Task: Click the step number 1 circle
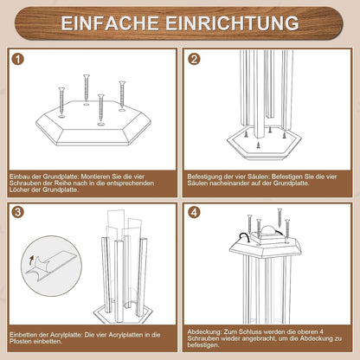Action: [x=18, y=59]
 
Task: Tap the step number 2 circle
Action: [x=194, y=59]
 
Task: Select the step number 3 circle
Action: [x=18, y=212]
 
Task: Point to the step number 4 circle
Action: [x=194, y=213]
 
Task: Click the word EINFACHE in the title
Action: [x=110, y=23]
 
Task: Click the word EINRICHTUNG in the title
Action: [x=232, y=23]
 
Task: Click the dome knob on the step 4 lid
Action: [x=269, y=231]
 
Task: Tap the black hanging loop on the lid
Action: [x=244, y=237]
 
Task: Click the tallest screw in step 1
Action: [x=87, y=89]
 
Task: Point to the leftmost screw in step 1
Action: [x=61, y=102]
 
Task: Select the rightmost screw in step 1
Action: [x=122, y=95]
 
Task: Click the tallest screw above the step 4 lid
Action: [x=280, y=217]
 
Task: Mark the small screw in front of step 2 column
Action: [x=258, y=145]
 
